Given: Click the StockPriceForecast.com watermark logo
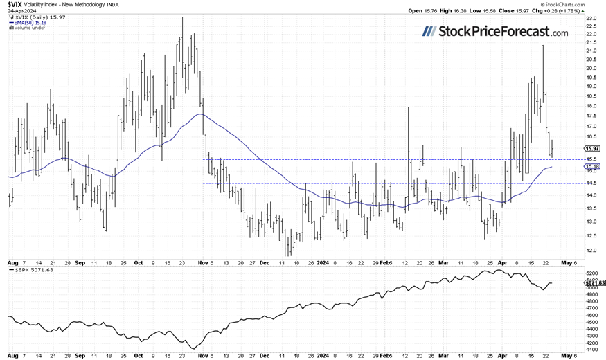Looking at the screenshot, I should point(495,32).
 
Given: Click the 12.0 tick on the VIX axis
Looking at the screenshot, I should point(591,251).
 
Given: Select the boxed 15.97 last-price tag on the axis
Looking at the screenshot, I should point(592,148).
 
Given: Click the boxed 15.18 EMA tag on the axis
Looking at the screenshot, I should point(592,167).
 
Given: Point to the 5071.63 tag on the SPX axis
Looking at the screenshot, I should point(594,282).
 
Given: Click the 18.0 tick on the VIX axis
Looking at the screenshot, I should point(591,106).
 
